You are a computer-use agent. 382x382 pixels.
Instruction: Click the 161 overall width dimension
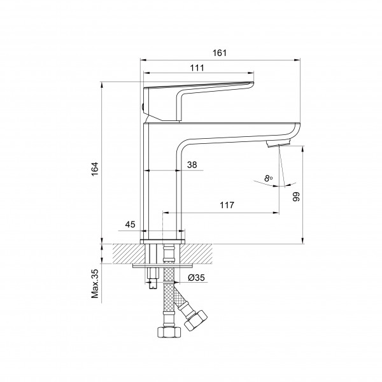click(x=220, y=53)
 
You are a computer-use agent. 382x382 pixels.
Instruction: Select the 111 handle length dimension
click(x=197, y=67)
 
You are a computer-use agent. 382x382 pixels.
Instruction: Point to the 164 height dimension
click(x=95, y=169)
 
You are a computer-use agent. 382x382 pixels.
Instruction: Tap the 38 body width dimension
click(x=192, y=165)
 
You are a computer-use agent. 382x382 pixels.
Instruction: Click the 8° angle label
click(x=268, y=178)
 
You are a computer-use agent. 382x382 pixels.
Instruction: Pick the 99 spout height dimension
click(x=296, y=197)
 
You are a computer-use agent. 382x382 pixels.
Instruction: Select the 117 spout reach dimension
click(x=227, y=205)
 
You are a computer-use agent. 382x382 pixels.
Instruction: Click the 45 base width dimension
click(x=130, y=224)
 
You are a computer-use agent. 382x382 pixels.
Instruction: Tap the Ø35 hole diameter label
click(x=196, y=278)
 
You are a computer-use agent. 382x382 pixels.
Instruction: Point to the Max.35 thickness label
click(x=95, y=283)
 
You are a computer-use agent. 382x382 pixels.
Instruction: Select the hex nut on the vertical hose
click(x=169, y=332)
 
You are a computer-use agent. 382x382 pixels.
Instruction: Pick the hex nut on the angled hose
click(x=196, y=320)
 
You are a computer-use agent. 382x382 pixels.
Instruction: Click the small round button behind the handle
click(x=143, y=106)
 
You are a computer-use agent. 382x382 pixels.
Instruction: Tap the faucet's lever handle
click(x=199, y=101)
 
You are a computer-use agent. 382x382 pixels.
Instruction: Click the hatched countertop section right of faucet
click(x=196, y=253)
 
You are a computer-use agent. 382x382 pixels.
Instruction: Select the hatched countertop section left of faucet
click(x=129, y=253)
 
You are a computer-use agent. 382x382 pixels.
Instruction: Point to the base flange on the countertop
click(x=162, y=242)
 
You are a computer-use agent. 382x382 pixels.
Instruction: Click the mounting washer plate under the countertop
click(x=163, y=265)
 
